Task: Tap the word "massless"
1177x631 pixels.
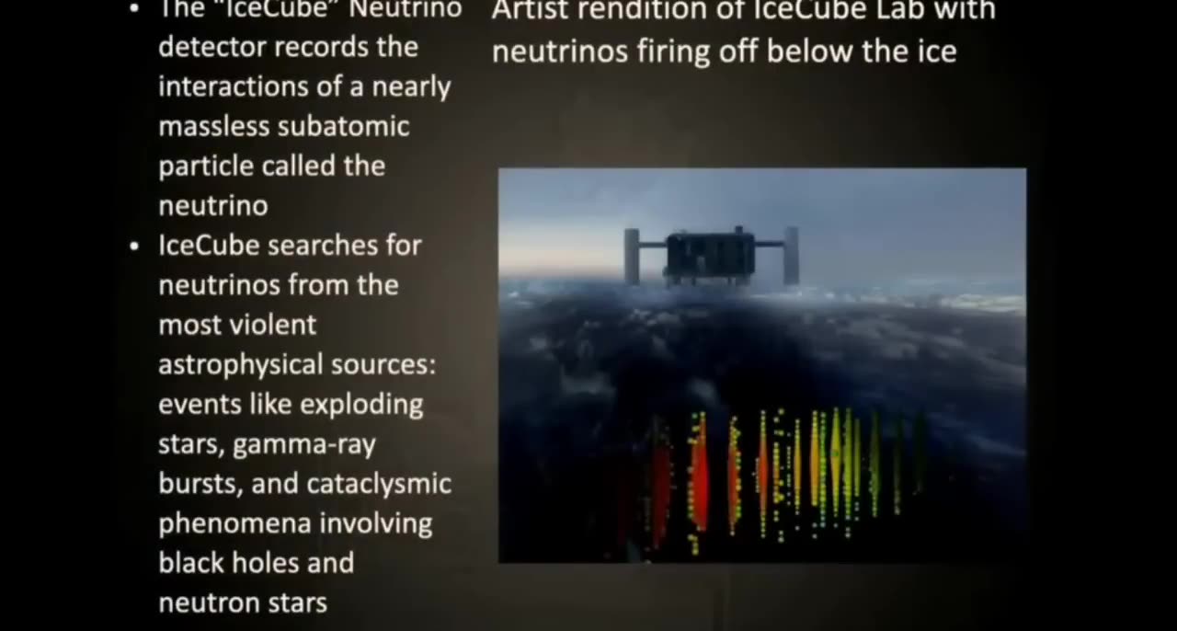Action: tap(214, 126)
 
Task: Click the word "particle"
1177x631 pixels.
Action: tap(206, 166)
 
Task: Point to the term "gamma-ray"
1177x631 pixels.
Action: tap(304, 445)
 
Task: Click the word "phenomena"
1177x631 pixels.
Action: tap(223, 524)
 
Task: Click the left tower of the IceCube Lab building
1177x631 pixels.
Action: tap(631, 256)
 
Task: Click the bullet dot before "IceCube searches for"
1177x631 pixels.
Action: tap(135, 247)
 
